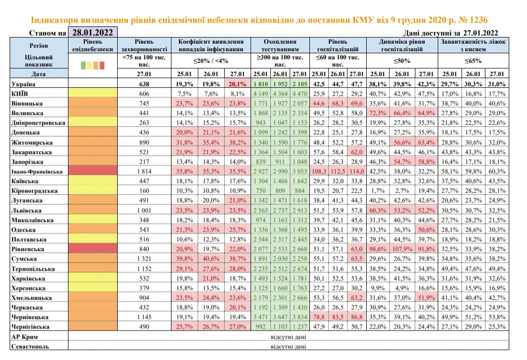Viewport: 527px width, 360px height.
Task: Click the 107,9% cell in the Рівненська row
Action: [x=402, y=249]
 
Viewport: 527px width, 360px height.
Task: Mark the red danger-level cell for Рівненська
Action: [x=93, y=249]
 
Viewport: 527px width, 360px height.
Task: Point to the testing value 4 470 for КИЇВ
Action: [x=299, y=93]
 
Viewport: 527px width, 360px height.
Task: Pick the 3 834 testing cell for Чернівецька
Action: [x=299, y=317]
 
